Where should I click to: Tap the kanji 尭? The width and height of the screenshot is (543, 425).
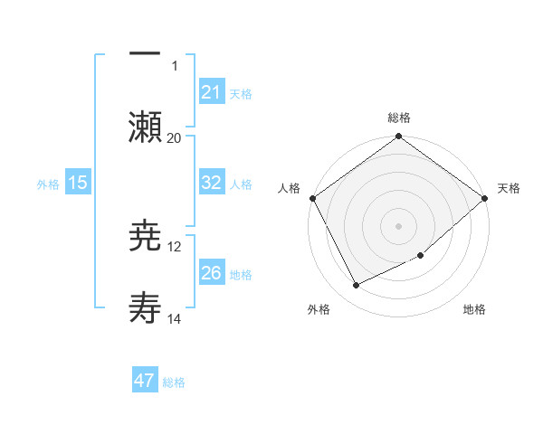coord(146,236)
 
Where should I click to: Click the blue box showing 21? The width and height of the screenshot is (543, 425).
coord(211,91)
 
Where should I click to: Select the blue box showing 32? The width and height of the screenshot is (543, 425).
coord(211,182)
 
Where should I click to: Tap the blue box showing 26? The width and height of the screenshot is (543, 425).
coord(211,272)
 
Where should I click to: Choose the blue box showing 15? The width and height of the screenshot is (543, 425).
coord(78,182)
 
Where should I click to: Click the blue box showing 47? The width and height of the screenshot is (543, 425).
coord(145,381)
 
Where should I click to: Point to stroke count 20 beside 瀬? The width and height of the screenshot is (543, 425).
coord(174,137)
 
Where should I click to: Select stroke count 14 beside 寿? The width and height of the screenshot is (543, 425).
coord(174,318)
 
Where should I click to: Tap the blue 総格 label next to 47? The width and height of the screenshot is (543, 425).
coord(174,382)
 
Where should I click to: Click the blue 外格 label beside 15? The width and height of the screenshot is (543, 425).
coord(48,184)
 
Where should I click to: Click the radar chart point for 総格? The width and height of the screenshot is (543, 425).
coord(398,137)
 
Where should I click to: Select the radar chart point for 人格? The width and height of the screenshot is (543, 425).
coord(312,198)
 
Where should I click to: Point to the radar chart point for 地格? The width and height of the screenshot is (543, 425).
coord(421,256)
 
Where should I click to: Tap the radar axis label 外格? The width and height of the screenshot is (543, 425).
coord(319,310)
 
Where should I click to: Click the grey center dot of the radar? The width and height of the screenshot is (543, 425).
coord(398,226)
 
